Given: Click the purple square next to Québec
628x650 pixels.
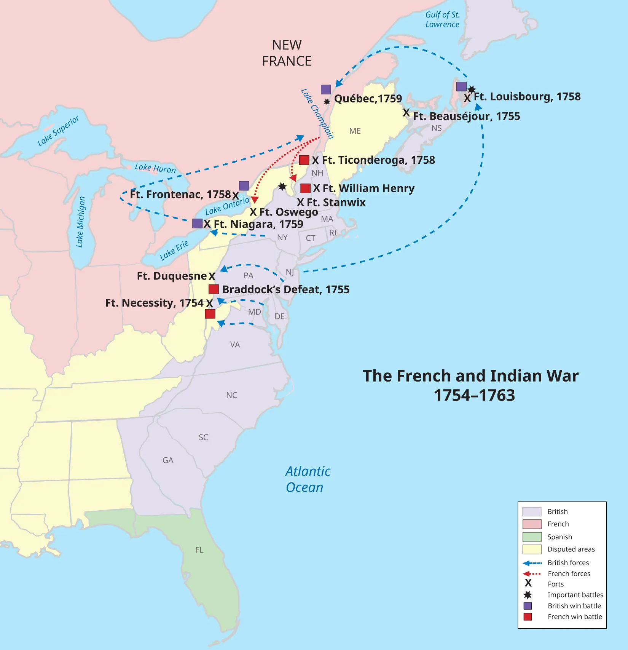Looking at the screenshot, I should pyautogui.click(x=326, y=89).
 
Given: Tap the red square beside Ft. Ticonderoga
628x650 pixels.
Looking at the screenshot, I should pyautogui.click(x=304, y=160).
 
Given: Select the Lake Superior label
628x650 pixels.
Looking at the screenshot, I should pyautogui.click(x=58, y=131).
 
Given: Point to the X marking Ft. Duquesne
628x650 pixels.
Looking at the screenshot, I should pyautogui.click(x=212, y=277).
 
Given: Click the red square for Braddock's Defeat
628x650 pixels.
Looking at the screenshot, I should pyautogui.click(x=214, y=289).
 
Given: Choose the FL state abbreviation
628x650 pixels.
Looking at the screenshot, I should pyautogui.click(x=199, y=550).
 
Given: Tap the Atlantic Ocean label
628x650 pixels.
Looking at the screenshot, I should pyautogui.click(x=308, y=479).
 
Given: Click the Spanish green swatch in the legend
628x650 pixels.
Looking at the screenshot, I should pyautogui.click(x=532, y=537).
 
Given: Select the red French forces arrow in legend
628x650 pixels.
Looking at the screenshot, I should pyautogui.click(x=532, y=573).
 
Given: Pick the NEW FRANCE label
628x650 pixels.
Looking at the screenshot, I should pyautogui.click(x=287, y=53).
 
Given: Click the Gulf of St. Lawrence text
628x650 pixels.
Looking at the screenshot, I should pyautogui.click(x=442, y=19).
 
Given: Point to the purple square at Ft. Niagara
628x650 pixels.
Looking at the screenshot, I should pyautogui.click(x=197, y=224).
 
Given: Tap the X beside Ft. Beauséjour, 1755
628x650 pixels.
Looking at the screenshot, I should pyautogui.click(x=406, y=113).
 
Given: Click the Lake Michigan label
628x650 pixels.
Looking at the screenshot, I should pyautogui.click(x=81, y=222).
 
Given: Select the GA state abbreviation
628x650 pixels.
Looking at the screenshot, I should pyautogui.click(x=168, y=460).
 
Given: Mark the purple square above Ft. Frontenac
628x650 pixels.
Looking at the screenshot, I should pyautogui.click(x=244, y=186).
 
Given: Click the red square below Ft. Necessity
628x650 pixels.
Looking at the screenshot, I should pyautogui.click(x=210, y=314).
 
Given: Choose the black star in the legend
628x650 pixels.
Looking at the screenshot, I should pyautogui.click(x=528, y=595).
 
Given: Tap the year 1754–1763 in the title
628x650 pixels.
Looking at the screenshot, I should pyautogui.click(x=474, y=395).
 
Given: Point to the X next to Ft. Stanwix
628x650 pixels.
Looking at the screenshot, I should pyautogui.click(x=301, y=203).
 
